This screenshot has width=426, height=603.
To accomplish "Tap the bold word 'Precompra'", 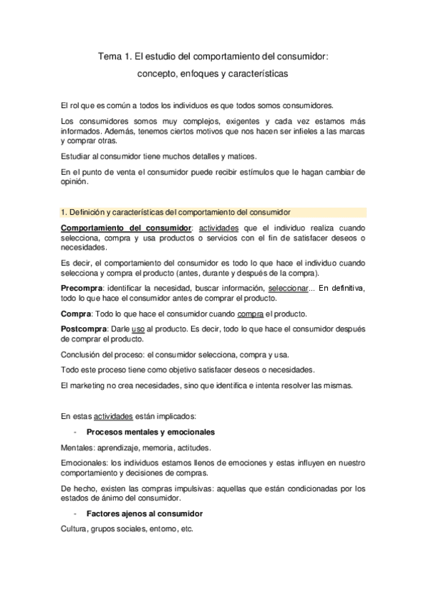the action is click(82, 288).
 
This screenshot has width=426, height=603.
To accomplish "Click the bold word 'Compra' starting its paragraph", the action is click(75, 314).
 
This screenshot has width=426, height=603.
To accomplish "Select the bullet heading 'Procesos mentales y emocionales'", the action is click(151, 432).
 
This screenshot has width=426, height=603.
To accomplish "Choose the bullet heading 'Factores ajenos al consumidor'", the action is click(144, 513).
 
